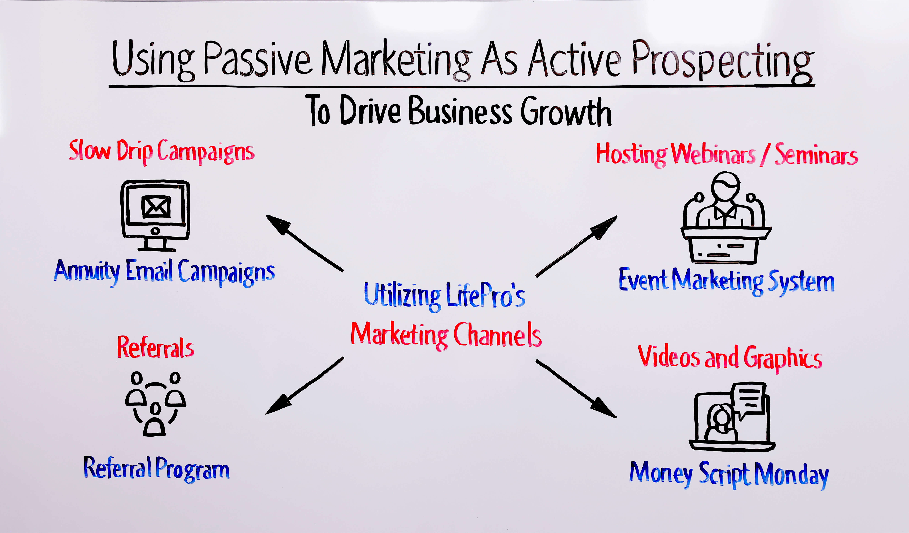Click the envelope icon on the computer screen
(x=156, y=206)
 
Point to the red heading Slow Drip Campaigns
(x=162, y=152)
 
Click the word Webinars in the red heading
(x=713, y=154)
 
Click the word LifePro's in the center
(x=485, y=295)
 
